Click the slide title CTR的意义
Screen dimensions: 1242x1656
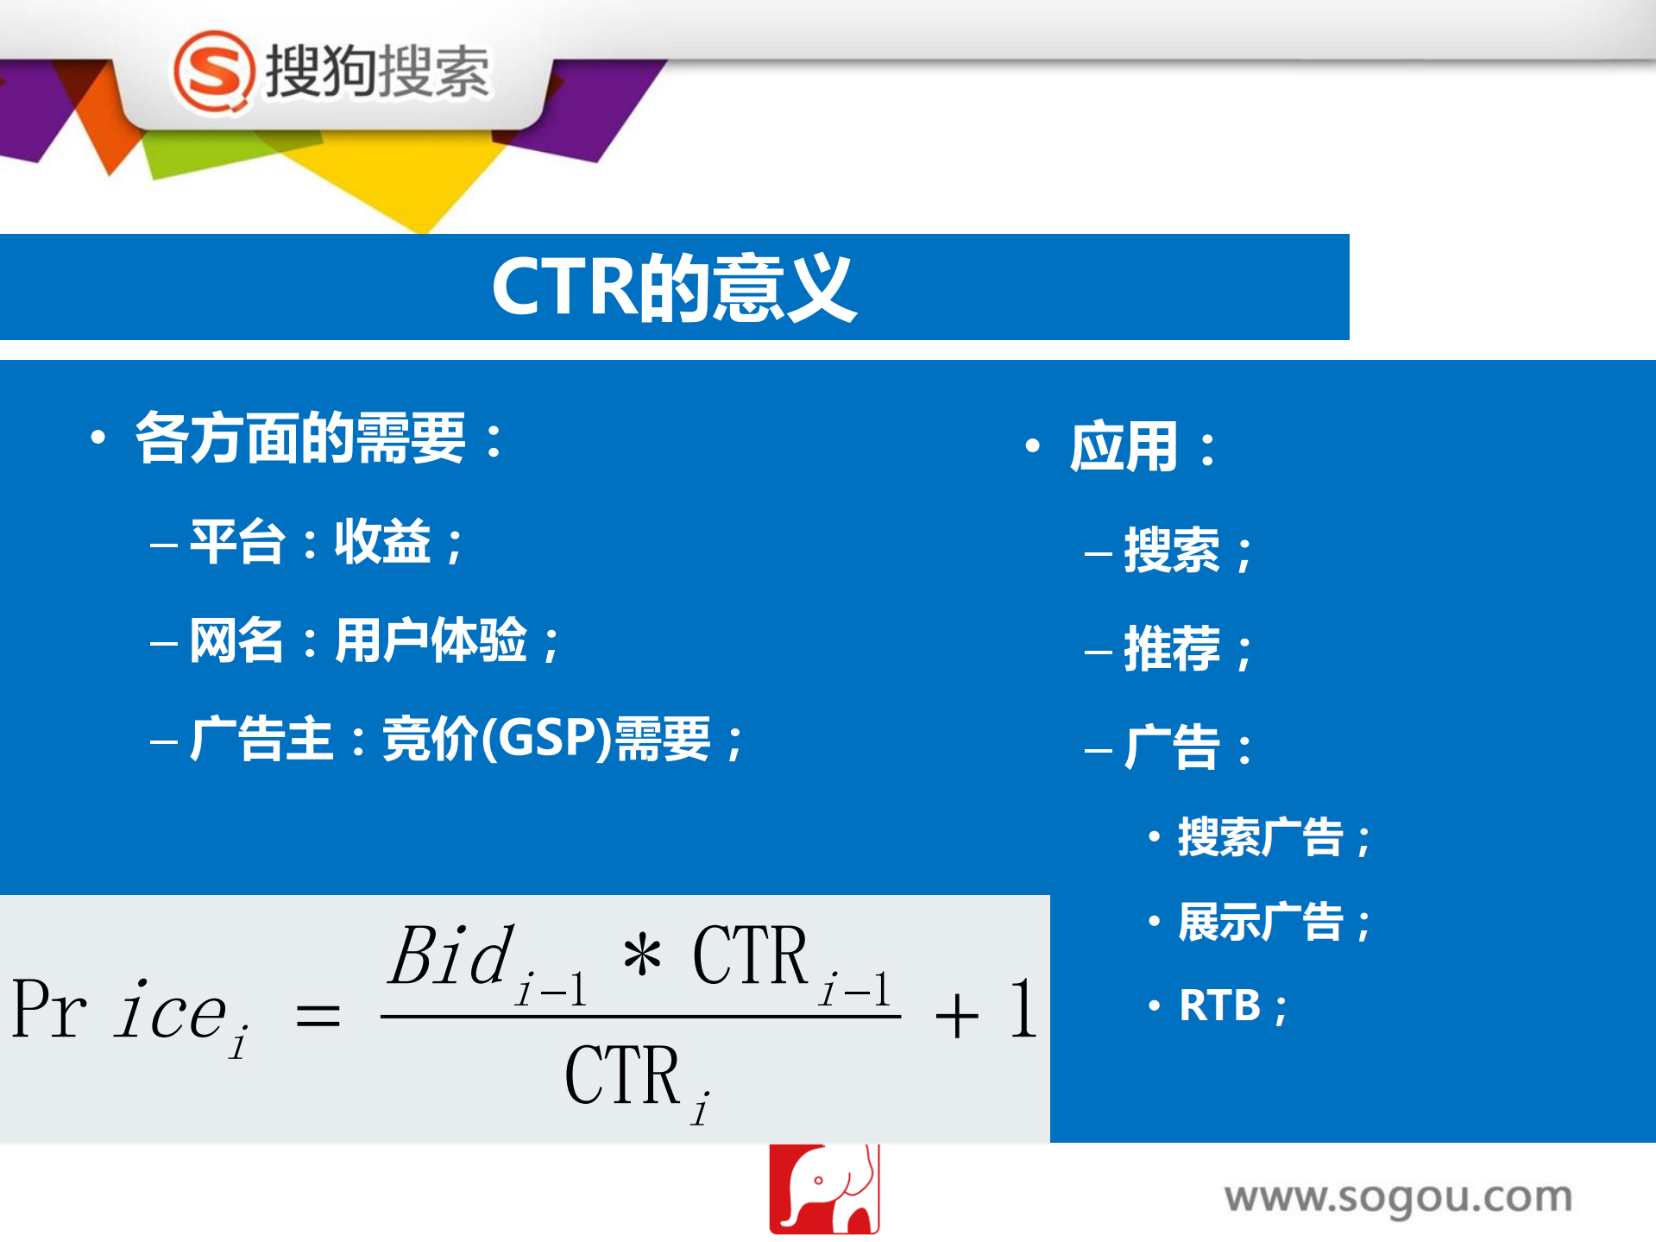(x=673, y=288)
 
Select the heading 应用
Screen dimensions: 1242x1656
(x=1124, y=447)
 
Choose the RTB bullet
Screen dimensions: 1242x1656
(x=1220, y=1006)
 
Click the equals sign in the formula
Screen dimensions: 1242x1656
(x=318, y=1015)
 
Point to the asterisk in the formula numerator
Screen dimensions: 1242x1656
(x=642, y=956)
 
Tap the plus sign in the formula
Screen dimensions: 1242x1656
(x=956, y=1015)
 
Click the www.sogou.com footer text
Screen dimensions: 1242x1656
(x=1398, y=1198)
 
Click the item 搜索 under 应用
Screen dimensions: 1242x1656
(x=1172, y=551)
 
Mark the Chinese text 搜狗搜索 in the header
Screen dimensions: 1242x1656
(x=377, y=72)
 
